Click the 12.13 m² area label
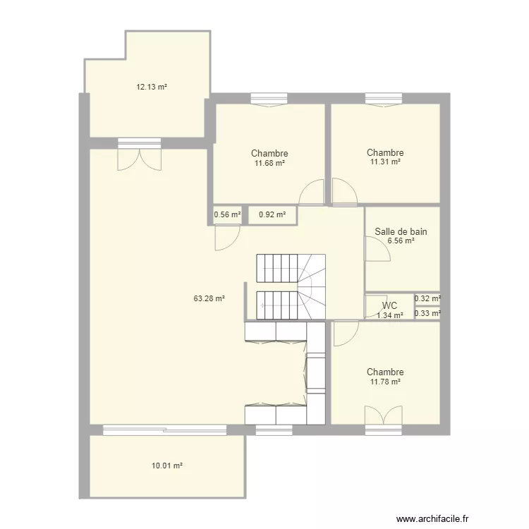point(152,87)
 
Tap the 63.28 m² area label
point(209,298)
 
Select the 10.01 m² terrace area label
point(167,466)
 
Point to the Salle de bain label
point(401,232)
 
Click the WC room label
point(389,305)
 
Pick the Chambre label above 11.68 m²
point(269,154)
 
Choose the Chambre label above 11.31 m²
point(385,152)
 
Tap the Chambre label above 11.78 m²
point(385,372)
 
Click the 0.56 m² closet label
point(227,214)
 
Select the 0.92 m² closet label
point(272,214)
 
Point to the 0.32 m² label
point(427,298)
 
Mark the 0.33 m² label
point(427,313)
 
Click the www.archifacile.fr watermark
point(432,518)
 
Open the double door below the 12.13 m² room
point(140,154)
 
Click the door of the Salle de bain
point(377,249)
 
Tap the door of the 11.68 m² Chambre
point(311,193)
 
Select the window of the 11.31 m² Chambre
point(384,100)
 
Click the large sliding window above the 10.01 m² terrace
point(164,430)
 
